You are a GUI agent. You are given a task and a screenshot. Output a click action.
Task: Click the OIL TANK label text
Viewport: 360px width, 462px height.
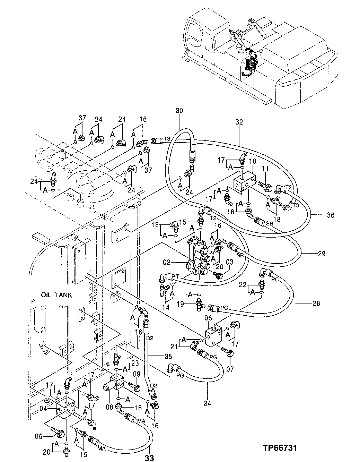click(x=56, y=295)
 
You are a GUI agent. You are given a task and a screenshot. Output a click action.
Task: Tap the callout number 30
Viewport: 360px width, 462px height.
click(x=179, y=111)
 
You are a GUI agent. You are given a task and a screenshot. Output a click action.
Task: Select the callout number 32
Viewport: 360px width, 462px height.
click(x=239, y=122)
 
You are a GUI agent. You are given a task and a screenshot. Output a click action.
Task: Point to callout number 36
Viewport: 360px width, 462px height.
click(x=330, y=215)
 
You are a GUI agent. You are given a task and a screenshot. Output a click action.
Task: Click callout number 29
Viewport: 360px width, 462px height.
click(x=322, y=254)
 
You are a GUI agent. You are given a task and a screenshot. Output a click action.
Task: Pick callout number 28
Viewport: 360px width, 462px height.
click(x=316, y=303)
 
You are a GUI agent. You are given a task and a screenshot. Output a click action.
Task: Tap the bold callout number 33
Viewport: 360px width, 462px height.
click(x=149, y=458)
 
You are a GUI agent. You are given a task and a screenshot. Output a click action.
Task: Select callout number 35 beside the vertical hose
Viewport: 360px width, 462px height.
click(x=169, y=356)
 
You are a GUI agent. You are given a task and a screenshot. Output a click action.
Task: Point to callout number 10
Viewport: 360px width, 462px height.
click(x=253, y=161)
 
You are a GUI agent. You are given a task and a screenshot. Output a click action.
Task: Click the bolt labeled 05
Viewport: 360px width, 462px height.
click(x=59, y=433)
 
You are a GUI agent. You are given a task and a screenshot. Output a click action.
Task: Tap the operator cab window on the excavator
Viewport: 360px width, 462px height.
click(x=194, y=37)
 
